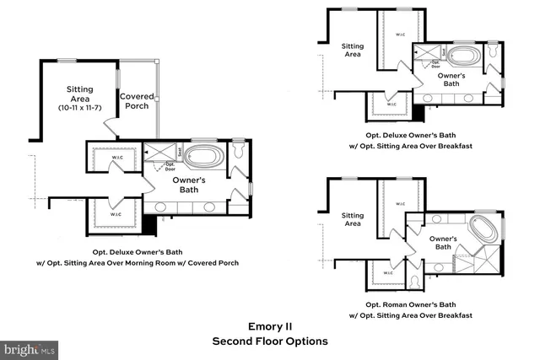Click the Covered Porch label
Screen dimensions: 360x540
pyautogui.click(x=136, y=101)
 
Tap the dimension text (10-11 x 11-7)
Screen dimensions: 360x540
pyautogui.click(x=81, y=108)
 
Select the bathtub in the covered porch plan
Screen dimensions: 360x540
pyautogui.click(x=203, y=156)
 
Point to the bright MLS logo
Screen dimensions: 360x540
pyautogui.click(x=30, y=347)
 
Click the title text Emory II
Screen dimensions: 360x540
pyautogui.click(x=269, y=326)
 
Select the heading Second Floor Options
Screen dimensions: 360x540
pyautogui.click(x=269, y=341)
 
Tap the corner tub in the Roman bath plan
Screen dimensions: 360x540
pyautogui.click(x=483, y=229)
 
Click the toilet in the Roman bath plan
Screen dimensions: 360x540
pyautogui.click(x=416, y=279)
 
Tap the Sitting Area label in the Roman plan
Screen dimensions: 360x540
pyautogui.click(x=352, y=219)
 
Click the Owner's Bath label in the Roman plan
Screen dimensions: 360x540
pyautogui.click(x=447, y=243)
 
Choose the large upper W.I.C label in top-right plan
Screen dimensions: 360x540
pyautogui.click(x=400, y=35)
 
